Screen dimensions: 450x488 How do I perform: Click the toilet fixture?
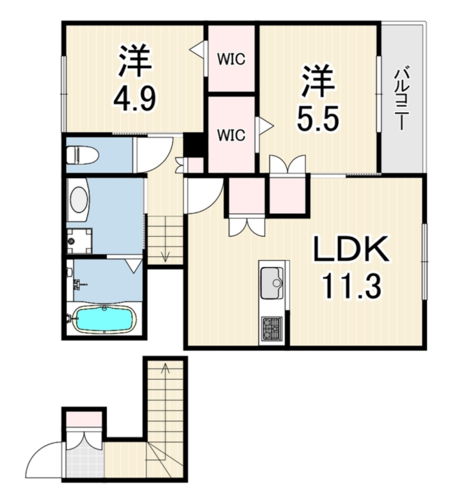pos(82,155)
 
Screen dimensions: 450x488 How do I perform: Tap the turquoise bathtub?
pos(106,319)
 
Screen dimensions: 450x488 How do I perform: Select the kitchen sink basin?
pos(272,282)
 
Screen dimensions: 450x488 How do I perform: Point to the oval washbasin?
pos(80,199)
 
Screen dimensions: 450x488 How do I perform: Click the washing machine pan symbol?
pos(79,241)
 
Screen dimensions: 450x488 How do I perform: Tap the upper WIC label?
pos(231,59)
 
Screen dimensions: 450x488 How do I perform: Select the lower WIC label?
pos(231,135)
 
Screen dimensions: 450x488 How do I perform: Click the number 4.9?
pos(134,98)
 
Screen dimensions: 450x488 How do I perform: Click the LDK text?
pos(351,249)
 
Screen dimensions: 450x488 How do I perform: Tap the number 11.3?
pos(351,285)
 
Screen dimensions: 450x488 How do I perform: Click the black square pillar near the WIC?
pos(193,146)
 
